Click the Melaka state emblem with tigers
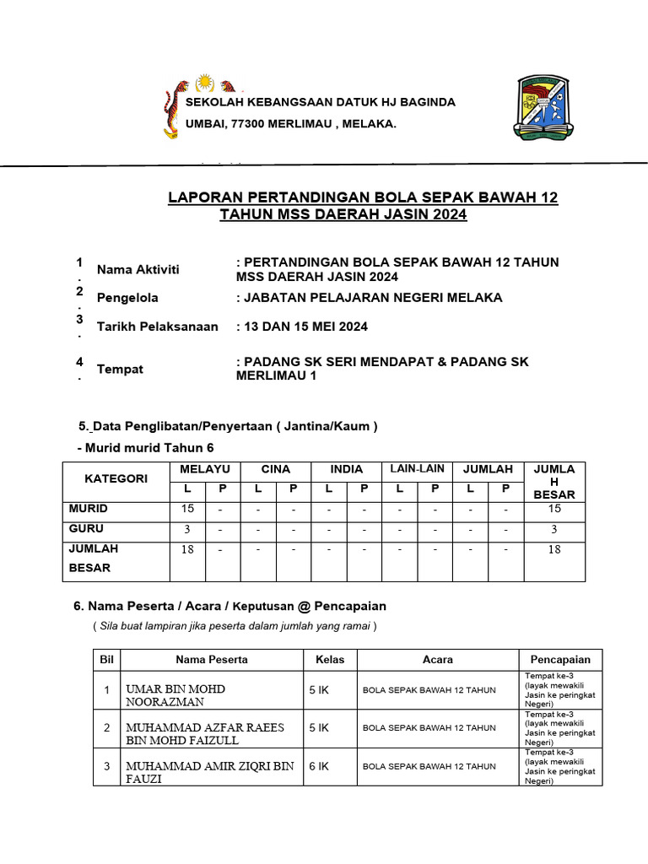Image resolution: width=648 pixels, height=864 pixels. click(x=203, y=108)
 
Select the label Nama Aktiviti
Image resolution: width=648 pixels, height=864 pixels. click(x=138, y=270)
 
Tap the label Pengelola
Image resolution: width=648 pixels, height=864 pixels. click(x=127, y=298)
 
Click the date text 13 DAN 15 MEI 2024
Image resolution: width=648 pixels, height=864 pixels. click(x=305, y=327)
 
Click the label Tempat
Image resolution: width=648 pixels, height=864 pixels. click(x=120, y=370)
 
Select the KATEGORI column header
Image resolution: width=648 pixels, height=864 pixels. click(x=116, y=478)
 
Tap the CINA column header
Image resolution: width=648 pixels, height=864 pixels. click(x=275, y=469)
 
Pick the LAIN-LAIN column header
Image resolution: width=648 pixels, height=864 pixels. click(x=416, y=469)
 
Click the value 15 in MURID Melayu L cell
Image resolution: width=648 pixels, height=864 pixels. click(x=187, y=509)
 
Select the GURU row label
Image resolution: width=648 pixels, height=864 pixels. click(x=87, y=529)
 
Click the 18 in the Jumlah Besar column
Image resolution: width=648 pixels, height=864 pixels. click(x=554, y=549)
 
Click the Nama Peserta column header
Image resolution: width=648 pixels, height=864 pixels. click(x=212, y=660)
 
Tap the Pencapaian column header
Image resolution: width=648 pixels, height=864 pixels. click(x=560, y=660)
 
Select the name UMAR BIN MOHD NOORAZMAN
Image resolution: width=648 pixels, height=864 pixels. click(x=175, y=695)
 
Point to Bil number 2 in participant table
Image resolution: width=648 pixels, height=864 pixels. click(x=107, y=727)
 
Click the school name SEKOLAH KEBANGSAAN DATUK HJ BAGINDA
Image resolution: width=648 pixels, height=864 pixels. click(x=320, y=102)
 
